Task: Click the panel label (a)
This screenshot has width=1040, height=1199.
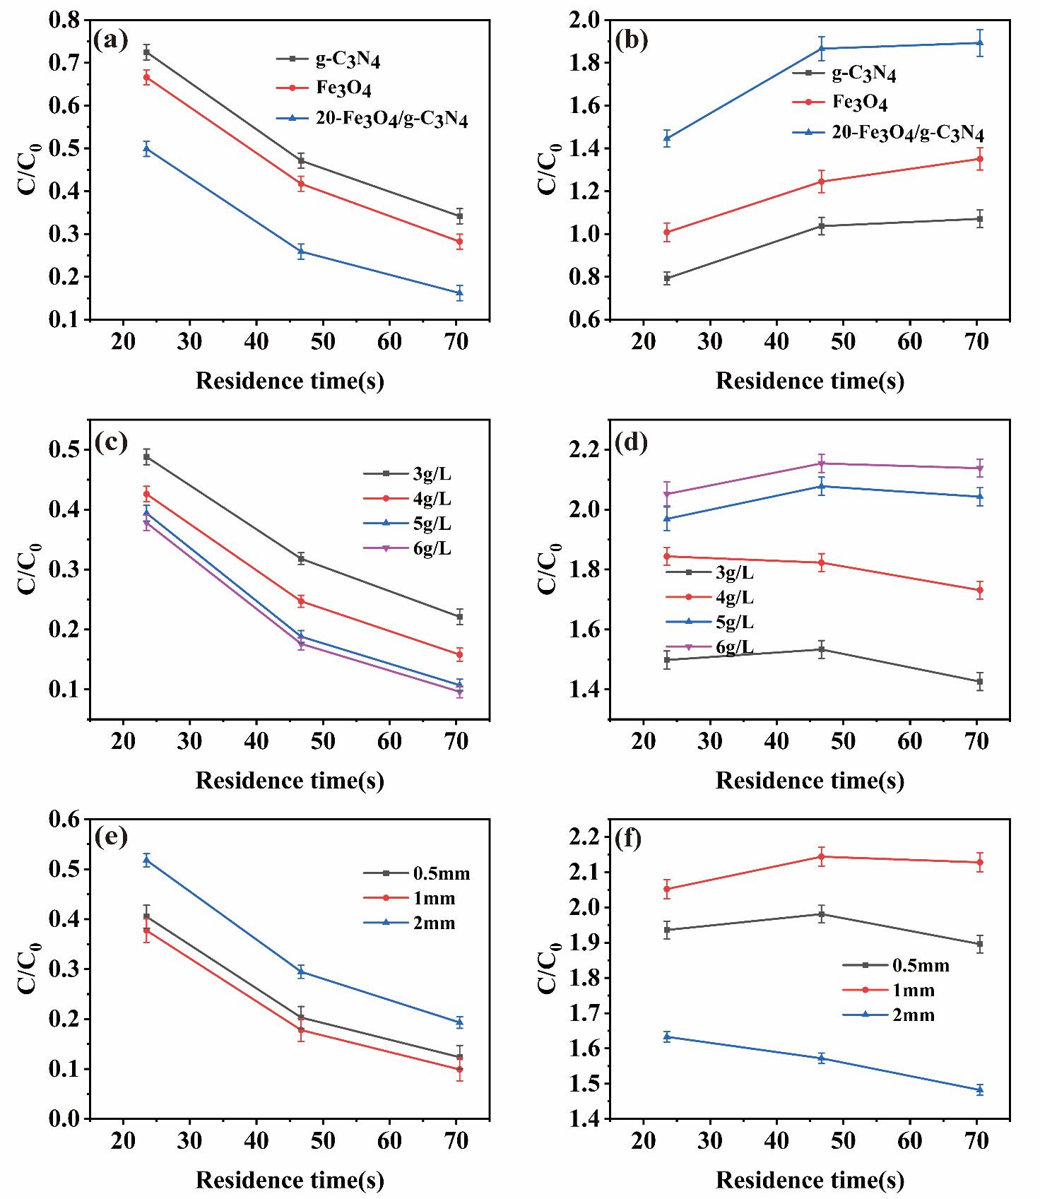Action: click(111, 41)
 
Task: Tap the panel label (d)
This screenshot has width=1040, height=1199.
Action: click(632, 442)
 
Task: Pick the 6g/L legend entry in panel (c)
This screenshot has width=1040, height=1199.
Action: click(432, 549)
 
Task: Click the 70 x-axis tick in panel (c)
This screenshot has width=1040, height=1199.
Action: click(457, 740)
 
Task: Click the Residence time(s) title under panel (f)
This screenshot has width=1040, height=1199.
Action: click(810, 1180)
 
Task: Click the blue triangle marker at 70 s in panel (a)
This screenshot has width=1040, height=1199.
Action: click(460, 293)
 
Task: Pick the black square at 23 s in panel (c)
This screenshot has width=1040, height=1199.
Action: click(147, 457)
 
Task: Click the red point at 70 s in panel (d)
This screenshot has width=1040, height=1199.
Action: click(980, 590)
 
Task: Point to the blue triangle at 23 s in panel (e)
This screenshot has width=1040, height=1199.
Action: click(147, 860)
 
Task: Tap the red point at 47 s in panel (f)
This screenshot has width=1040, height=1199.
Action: click(822, 856)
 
